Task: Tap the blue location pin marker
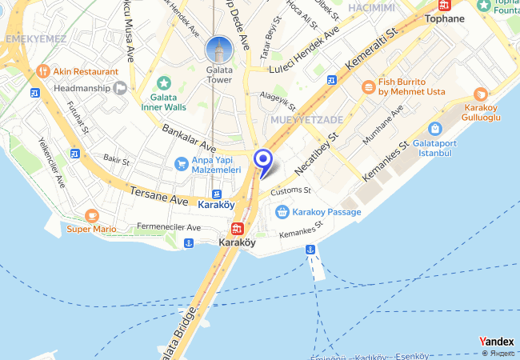262,159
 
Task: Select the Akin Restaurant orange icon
43,70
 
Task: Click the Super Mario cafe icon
92,215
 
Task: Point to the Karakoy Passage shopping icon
282,212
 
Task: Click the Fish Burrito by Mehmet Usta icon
368,86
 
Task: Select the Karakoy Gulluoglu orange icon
480,95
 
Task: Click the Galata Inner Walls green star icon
164,82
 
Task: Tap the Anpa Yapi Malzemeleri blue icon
182,163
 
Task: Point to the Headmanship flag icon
120,87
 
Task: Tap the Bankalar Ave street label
189,138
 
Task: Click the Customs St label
290,191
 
